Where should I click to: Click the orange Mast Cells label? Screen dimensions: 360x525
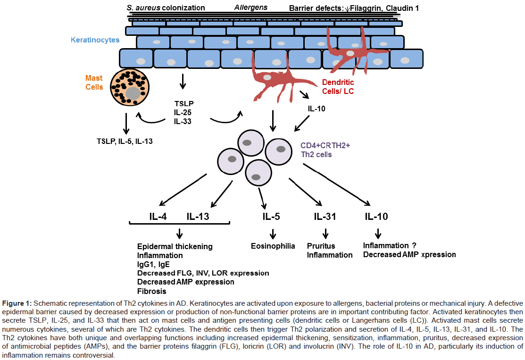94,82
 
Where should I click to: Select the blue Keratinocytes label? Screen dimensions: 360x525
95,40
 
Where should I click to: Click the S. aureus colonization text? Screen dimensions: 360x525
166,8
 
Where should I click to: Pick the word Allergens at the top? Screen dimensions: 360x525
250,8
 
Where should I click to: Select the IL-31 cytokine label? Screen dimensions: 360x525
325,217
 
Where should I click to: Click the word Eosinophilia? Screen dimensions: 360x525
273,246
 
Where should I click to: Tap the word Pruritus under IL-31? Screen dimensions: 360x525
321,246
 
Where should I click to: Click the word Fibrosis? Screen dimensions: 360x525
151,291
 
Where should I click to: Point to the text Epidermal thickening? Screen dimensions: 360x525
175,246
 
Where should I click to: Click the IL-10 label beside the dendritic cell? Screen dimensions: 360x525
316,108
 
